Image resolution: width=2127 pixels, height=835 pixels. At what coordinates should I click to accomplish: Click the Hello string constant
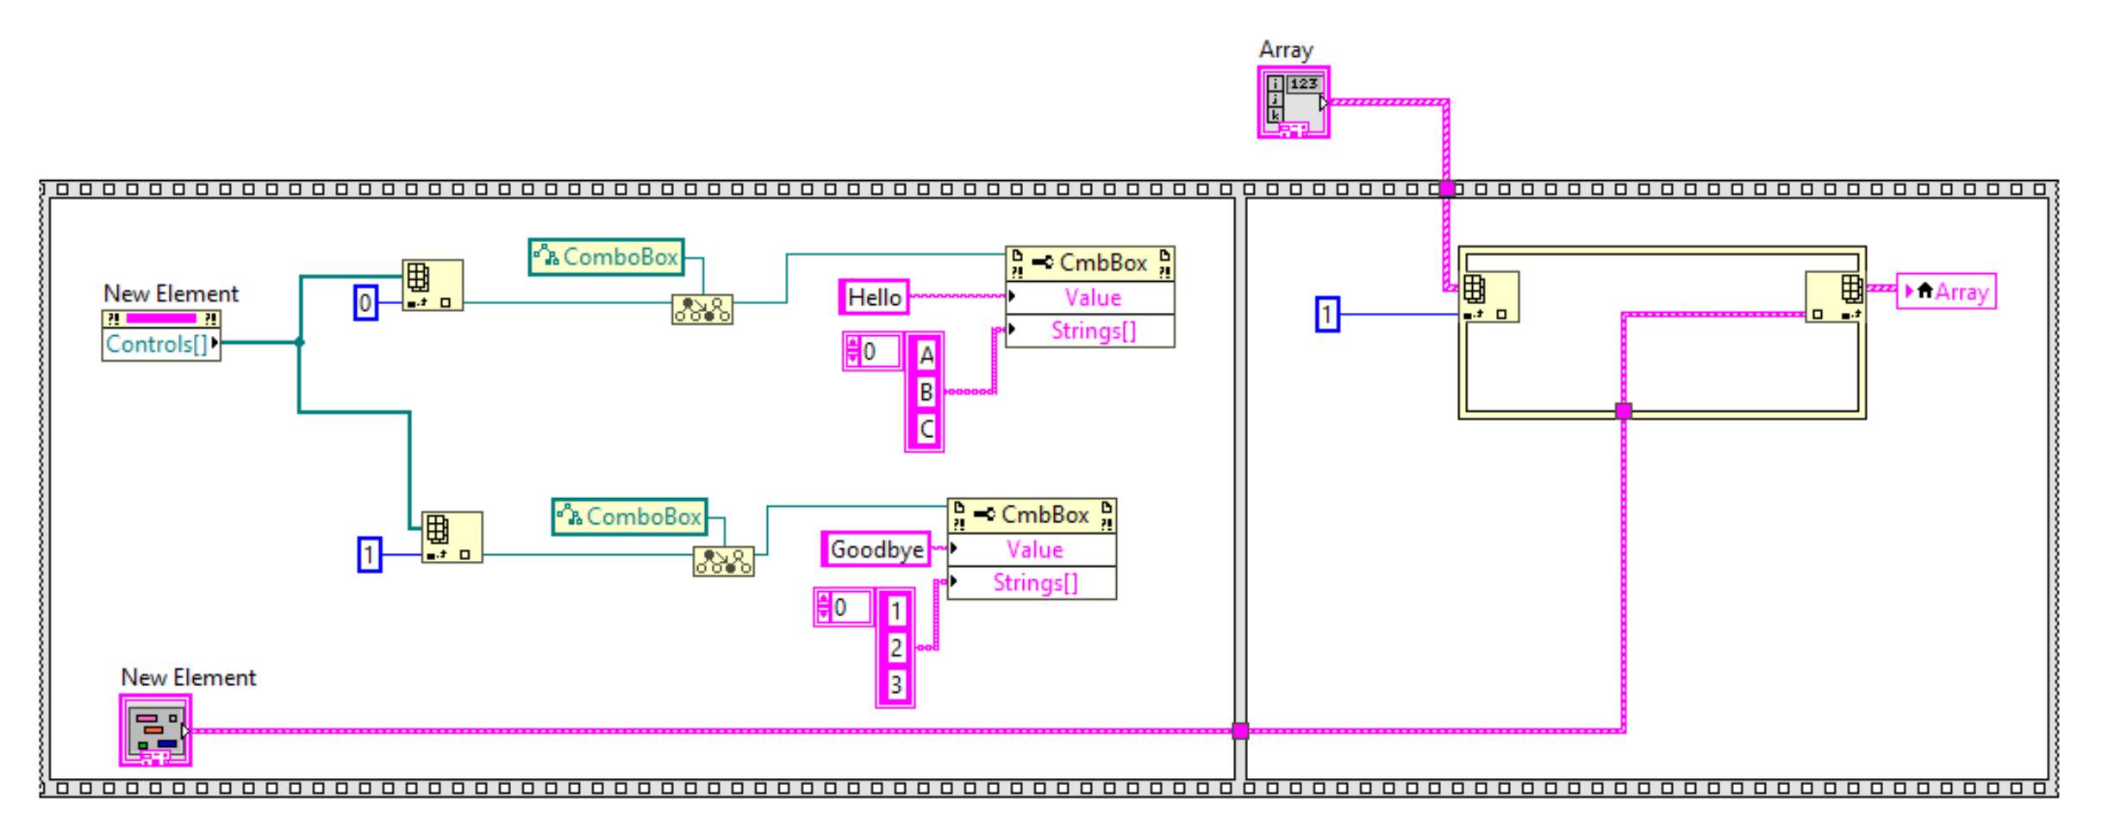(x=874, y=297)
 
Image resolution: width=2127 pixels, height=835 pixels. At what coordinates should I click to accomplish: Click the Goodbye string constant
(x=876, y=550)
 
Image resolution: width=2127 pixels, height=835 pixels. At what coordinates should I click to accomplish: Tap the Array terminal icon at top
(x=1293, y=103)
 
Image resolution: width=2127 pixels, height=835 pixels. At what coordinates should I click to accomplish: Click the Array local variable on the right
(x=1946, y=292)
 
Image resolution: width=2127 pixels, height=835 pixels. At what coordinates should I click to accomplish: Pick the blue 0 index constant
(x=365, y=303)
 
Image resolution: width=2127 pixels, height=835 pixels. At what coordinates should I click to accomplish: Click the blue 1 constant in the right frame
(x=1327, y=315)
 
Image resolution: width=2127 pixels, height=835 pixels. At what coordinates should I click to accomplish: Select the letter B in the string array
(x=926, y=393)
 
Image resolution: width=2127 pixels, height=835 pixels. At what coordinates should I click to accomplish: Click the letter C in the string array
(x=926, y=429)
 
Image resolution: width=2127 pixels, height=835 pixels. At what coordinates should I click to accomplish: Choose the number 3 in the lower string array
(x=896, y=685)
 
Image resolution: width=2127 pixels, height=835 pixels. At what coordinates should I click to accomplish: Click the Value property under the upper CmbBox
(x=1091, y=298)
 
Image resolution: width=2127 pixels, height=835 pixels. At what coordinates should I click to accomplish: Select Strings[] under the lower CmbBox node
(x=1034, y=583)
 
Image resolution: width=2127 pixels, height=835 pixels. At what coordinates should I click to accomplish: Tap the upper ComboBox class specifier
(x=607, y=257)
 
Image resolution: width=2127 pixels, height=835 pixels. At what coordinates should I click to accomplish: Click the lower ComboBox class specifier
(x=630, y=517)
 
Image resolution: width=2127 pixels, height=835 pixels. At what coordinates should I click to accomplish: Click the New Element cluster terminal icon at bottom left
(x=155, y=731)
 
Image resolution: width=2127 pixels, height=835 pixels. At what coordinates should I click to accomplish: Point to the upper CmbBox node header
(x=1089, y=263)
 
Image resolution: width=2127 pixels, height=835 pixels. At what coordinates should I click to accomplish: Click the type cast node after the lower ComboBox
(x=723, y=563)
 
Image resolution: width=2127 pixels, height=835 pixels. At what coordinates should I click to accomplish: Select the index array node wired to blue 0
(x=433, y=285)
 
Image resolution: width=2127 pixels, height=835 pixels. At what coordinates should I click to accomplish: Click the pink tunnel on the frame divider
(x=1240, y=732)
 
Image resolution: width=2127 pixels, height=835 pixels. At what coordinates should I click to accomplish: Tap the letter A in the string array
(x=926, y=355)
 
